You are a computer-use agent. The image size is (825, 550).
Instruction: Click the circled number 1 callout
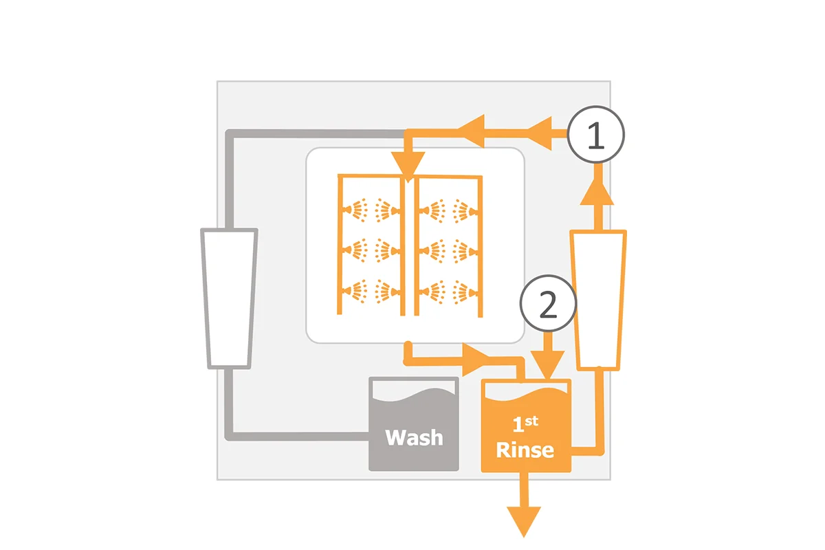pyautogui.click(x=595, y=135)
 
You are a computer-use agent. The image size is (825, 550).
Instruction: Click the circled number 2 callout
pyautogui.click(x=548, y=304)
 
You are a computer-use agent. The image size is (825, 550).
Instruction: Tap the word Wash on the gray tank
pyautogui.click(x=414, y=437)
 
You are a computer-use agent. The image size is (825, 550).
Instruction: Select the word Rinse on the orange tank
pyautogui.click(x=525, y=450)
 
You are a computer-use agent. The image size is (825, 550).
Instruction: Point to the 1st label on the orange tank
pyautogui.click(x=525, y=424)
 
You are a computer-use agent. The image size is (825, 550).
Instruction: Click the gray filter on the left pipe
pyautogui.click(x=229, y=298)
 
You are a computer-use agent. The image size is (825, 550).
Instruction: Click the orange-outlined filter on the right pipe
pyautogui.click(x=598, y=300)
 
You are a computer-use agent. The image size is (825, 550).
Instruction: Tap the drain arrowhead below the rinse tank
pyautogui.click(x=524, y=522)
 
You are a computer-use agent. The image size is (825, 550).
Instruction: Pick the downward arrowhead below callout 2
pyautogui.click(x=548, y=364)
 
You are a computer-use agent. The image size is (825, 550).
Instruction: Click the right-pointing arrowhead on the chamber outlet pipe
pyautogui.click(x=476, y=360)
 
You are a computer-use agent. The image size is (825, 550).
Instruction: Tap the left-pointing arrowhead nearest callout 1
pyautogui.click(x=540, y=133)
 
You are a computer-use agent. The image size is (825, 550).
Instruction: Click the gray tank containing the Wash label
pyautogui.click(x=414, y=423)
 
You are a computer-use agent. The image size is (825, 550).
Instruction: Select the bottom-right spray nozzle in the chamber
pyautogui.click(x=465, y=293)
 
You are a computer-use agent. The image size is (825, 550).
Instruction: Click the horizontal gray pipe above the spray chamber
pyautogui.click(x=317, y=133)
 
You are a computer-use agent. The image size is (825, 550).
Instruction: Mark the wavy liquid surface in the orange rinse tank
pyautogui.click(x=526, y=395)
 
